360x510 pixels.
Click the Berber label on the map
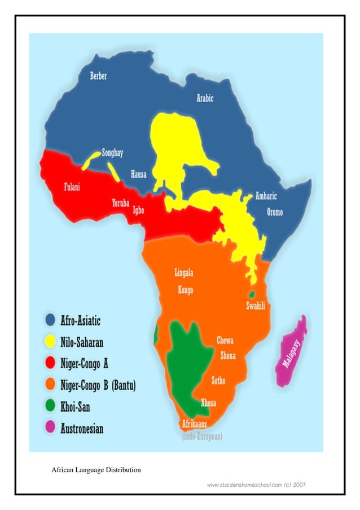point(98,76)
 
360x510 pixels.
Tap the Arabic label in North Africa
point(205,98)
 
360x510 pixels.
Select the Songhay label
point(112,153)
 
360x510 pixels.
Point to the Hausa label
point(139,175)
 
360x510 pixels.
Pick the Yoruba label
point(121,203)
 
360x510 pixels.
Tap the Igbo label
point(138,210)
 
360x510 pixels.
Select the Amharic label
point(266,197)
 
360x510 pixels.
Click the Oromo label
point(275,213)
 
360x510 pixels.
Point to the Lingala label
point(184,273)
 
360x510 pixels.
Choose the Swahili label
point(256,306)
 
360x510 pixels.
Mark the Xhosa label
point(208,403)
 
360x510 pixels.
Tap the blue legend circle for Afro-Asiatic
point(50,321)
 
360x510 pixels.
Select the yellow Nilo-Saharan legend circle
point(50,342)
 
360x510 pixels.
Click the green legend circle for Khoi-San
point(50,406)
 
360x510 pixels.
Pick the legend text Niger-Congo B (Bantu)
point(98,385)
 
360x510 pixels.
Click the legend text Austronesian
point(82,429)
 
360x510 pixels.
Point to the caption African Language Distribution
point(96,470)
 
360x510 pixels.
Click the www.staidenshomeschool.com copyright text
point(256,485)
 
